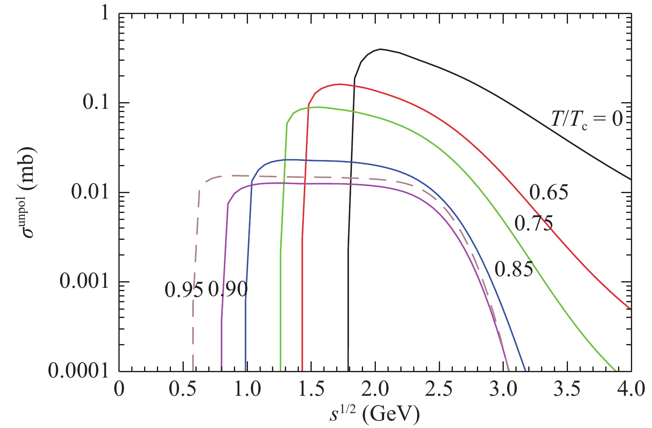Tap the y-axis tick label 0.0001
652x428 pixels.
coord(78,371)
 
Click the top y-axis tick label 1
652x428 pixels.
coord(104,13)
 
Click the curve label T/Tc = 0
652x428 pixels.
coord(586,119)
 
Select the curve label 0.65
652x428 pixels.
coord(549,193)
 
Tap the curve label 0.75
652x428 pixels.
coord(533,224)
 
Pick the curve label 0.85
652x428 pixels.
coord(514,270)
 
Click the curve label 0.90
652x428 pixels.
coord(228,289)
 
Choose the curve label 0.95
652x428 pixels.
coord(184,289)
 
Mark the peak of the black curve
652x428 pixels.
coord(380,49)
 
